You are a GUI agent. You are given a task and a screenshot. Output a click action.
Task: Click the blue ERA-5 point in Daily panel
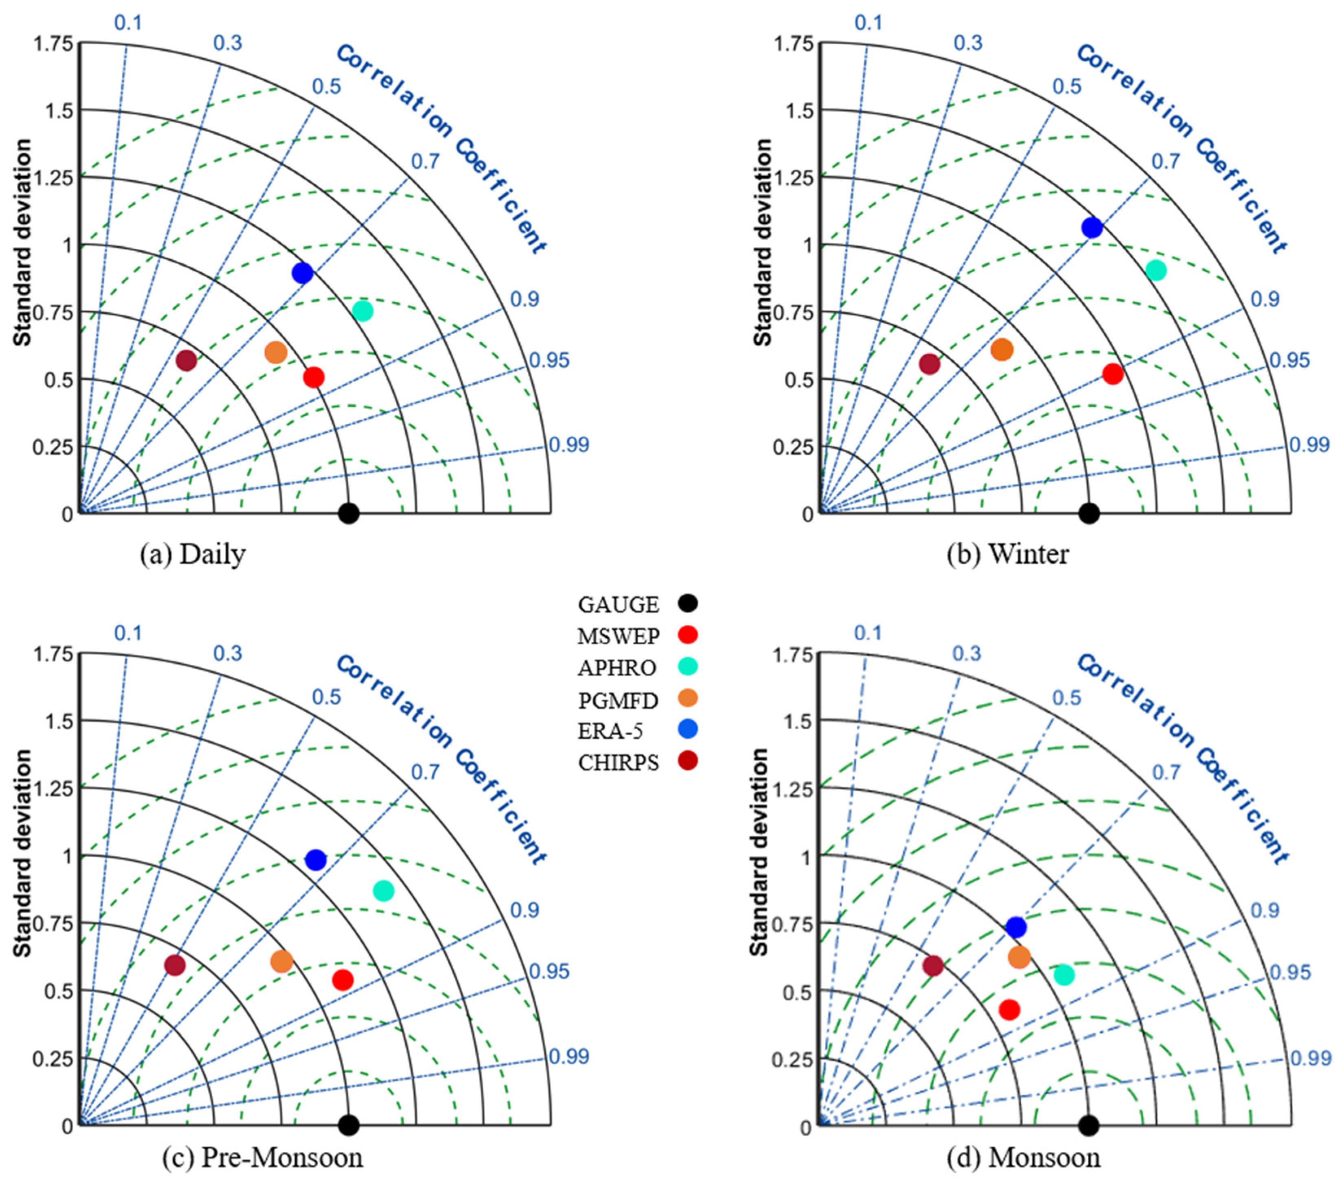[302, 273]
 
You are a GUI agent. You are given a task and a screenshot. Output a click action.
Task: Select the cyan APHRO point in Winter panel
[1156, 270]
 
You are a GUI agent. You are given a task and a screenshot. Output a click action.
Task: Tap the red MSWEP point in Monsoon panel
[1009, 1010]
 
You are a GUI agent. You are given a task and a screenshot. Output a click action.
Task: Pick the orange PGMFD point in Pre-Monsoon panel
[281, 962]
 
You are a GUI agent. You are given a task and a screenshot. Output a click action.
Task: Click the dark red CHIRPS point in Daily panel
[186, 361]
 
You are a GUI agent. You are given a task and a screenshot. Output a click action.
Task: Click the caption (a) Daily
[193, 555]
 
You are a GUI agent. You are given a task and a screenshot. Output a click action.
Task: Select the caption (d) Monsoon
[1023, 1157]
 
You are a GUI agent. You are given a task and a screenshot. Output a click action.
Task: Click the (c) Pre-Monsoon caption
[262, 1157]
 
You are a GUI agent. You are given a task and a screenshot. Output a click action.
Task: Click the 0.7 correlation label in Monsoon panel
[1166, 772]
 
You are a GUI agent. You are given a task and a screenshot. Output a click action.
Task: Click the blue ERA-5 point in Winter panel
[1092, 228]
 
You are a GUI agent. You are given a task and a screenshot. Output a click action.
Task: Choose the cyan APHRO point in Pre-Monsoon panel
[383, 891]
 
